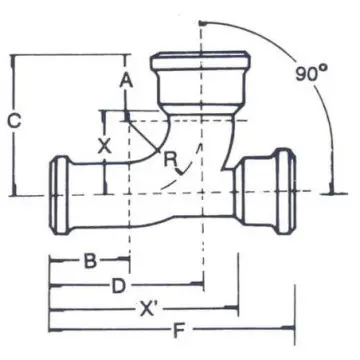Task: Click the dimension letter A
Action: coord(126,81)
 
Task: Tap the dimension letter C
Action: coord(14,121)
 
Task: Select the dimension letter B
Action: coord(90,261)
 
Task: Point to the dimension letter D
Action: coord(118,286)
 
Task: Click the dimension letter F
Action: coord(179,331)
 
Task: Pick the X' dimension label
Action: coord(150,309)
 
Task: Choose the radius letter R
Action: coord(170,159)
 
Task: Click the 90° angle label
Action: coord(311,73)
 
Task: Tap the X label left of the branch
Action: coord(104,146)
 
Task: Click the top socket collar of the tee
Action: coord(200,60)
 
